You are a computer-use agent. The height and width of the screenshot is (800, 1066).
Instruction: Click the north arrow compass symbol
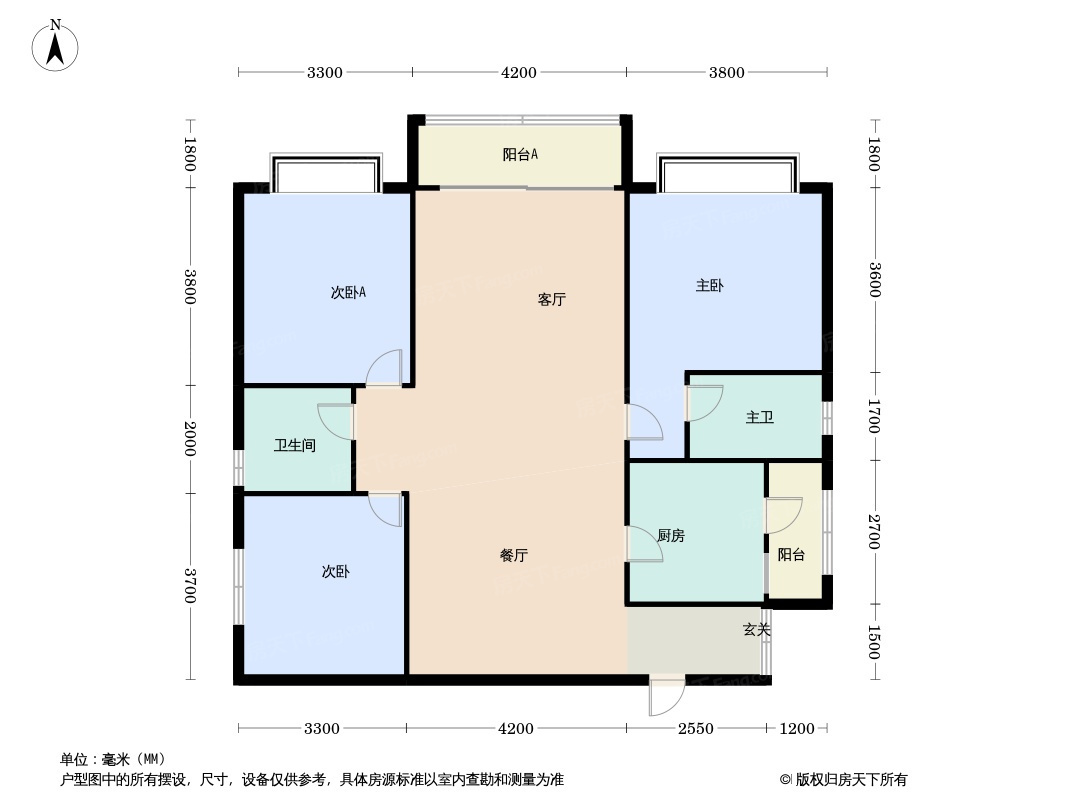click(55, 46)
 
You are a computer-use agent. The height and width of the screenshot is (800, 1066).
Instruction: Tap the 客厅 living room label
click(551, 300)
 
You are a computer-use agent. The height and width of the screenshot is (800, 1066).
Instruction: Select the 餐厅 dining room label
click(514, 555)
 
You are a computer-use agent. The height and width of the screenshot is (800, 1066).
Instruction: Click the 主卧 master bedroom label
click(709, 285)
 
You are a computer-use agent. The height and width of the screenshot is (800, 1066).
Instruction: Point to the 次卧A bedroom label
click(348, 292)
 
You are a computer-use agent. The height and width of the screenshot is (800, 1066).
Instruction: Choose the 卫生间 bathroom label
click(294, 446)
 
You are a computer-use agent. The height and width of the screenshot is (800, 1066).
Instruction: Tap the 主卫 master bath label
click(759, 417)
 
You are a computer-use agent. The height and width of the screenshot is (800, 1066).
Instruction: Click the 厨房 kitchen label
click(671, 536)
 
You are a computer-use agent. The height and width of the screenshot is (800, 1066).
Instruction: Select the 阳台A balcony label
click(520, 154)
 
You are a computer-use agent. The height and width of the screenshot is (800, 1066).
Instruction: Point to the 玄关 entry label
click(756, 630)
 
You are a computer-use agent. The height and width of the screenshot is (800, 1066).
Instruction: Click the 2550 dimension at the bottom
click(695, 729)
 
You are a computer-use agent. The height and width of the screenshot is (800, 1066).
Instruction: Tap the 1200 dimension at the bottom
click(796, 729)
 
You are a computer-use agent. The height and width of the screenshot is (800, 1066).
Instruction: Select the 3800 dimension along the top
click(727, 72)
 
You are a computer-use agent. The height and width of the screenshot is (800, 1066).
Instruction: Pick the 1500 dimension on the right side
click(874, 642)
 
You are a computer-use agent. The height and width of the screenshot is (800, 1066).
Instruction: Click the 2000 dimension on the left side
click(190, 439)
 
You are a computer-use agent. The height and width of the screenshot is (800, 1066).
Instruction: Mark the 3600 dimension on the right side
click(874, 279)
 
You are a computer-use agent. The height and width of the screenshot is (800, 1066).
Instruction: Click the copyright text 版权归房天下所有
click(850, 780)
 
